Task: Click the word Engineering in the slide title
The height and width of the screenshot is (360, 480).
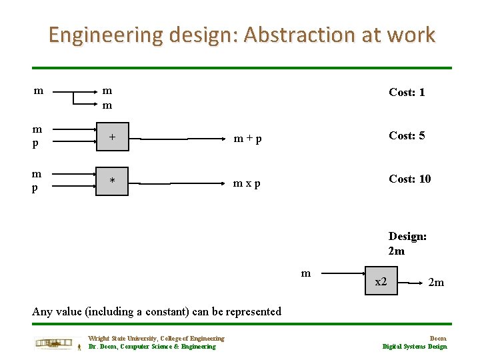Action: pyautogui.click(x=105, y=35)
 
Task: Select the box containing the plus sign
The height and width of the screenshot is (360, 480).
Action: pyautogui.click(x=113, y=137)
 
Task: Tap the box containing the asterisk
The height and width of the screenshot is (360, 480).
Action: pyautogui.click(x=113, y=181)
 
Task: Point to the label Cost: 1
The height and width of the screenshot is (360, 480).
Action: pyautogui.click(x=407, y=92)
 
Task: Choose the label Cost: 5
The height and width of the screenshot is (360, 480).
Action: pyautogui.click(x=407, y=135)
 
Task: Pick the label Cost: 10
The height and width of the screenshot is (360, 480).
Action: pyautogui.click(x=409, y=179)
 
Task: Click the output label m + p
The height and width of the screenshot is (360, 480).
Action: pyautogui.click(x=247, y=139)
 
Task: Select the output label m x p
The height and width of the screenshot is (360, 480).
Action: pyautogui.click(x=247, y=182)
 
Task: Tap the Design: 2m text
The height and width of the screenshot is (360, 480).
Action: pyautogui.click(x=407, y=243)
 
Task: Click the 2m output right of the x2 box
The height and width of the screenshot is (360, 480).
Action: pyautogui.click(x=436, y=283)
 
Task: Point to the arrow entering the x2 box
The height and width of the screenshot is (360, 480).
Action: pyautogui.click(x=339, y=274)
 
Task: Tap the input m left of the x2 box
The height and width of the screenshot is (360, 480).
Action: pyautogui.click(x=306, y=273)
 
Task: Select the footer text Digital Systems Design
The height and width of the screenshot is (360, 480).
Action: pyautogui.click(x=415, y=346)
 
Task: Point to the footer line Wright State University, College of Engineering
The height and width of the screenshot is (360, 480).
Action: pyautogui.click(x=156, y=339)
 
